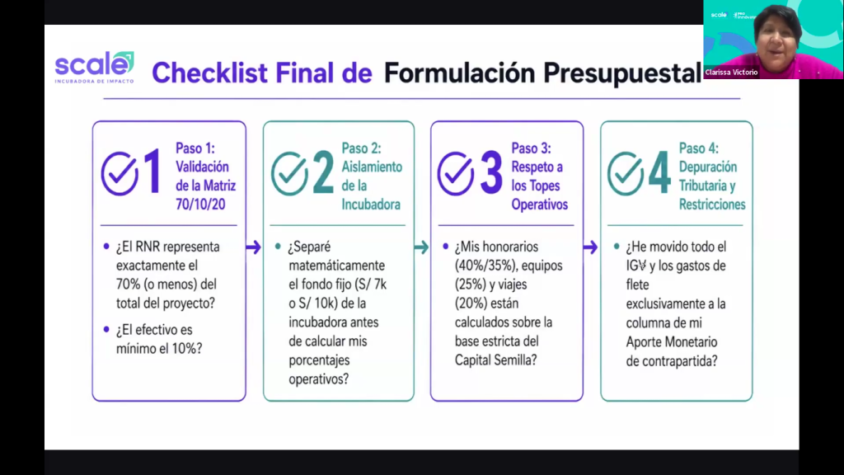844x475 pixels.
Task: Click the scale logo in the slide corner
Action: [x=94, y=68]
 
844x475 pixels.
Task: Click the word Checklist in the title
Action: [x=209, y=73]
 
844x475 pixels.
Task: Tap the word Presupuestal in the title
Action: [x=621, y=73]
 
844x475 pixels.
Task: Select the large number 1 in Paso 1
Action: [x=152, y=172]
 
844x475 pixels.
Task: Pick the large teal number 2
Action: [x=323, y=172]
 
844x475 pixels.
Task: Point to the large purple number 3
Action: [x=491, y=172]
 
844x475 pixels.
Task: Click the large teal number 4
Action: [x=659, y=172]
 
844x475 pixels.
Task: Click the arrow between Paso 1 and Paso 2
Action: [x=254, y=247]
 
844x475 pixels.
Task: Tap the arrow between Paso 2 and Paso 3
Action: [x=421, y=247]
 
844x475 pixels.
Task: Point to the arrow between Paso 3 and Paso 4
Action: [x=590, y=247]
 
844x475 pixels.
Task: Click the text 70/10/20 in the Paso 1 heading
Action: [x=200, y=205]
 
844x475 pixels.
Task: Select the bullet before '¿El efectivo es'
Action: [x=106, y=329]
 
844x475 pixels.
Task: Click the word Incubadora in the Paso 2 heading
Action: [x=371, y=205]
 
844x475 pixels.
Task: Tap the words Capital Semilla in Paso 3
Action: [x=495, y=360]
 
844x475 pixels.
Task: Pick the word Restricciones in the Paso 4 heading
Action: [x=712, y=205]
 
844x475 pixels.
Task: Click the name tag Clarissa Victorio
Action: [x=732, y=73]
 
